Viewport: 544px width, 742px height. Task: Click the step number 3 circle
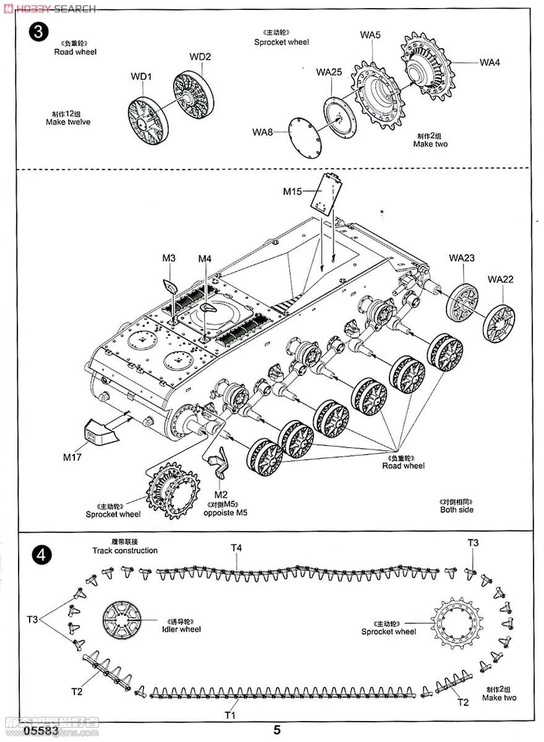[39, 33]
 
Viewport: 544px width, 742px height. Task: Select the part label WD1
[141, 77]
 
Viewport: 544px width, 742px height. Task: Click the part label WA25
[329, 72]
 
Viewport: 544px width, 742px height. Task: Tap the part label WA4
[490, 62]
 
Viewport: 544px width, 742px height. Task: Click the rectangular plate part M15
[326, 193]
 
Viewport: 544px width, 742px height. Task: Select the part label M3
[169, 258]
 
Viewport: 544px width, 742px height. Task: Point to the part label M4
[205, 258]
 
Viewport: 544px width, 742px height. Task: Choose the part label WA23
[462, 258]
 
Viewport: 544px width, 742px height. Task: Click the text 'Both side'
[457, 510]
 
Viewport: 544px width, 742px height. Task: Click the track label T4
[236, 547]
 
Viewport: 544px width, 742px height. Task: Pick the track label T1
[230, 715]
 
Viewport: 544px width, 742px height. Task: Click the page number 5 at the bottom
[277, 730]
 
